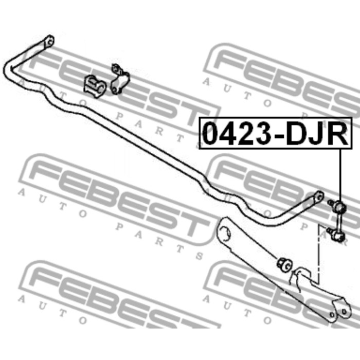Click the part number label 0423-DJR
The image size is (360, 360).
click(x=275, y=133)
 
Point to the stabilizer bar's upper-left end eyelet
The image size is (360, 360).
click(x=49, y=42)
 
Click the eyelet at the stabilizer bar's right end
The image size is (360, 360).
click(x=319, y=197)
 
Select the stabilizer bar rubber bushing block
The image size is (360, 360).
click(x=95, y=86)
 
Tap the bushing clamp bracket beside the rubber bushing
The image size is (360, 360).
click(x=120, y=79)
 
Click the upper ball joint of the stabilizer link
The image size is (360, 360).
click(x=340, y=206)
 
